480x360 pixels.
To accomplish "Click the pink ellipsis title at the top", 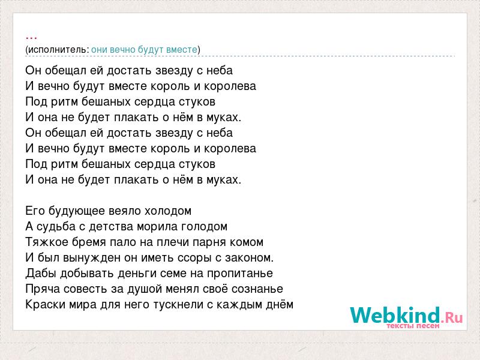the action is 32,38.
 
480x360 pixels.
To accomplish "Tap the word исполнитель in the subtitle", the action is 59,49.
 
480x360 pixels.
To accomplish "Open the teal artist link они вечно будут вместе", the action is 144,49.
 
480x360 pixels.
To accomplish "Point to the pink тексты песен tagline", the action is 413,326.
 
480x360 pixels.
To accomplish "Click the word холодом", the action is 168,211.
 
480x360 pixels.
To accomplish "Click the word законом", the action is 249,258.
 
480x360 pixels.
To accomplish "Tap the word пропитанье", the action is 239,274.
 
